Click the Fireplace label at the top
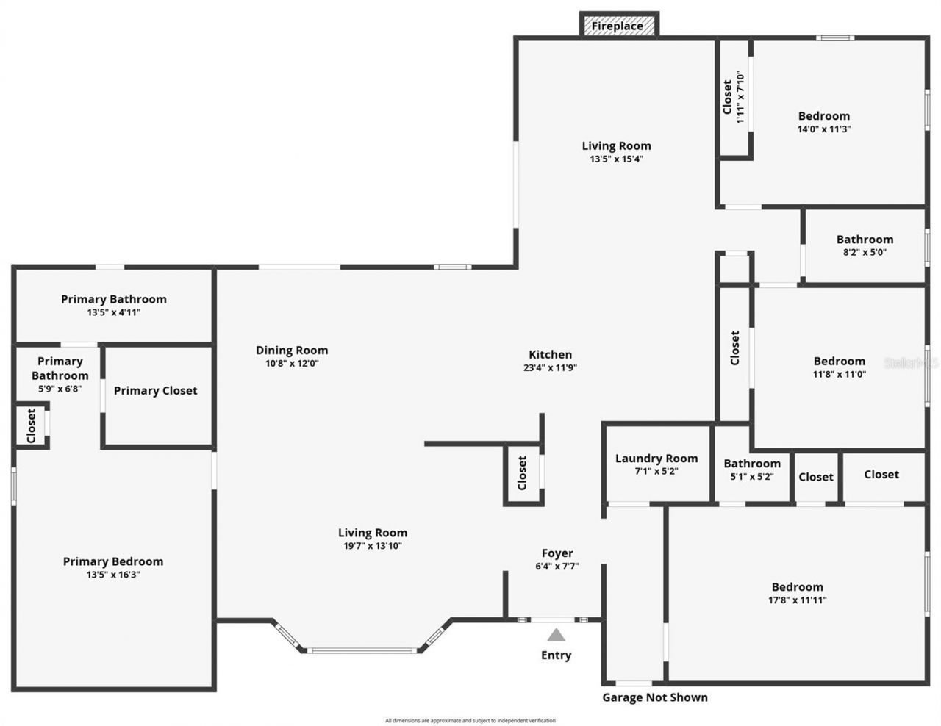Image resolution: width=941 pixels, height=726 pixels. click(618, 26)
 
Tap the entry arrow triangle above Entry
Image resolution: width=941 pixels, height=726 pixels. click(557, 635)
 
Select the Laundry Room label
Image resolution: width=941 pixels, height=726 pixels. click(656, 459)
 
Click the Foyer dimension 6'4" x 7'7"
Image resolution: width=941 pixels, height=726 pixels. click(557, 567)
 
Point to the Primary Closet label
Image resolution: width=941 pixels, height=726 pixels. click(155, 391)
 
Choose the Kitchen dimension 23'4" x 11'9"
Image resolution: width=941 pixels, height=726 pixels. click(550, 368)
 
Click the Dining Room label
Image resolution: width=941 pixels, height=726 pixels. click(292, 351)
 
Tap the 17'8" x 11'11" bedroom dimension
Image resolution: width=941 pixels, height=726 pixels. click(797, 600)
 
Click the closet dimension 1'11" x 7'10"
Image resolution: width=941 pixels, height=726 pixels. click(741, 97)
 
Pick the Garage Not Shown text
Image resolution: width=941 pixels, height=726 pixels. click(655, 697)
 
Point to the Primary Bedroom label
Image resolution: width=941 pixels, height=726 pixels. click(113, 561)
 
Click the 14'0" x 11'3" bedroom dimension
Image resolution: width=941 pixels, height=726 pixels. click(824, 129)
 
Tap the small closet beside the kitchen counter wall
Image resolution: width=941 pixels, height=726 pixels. click(523, 473)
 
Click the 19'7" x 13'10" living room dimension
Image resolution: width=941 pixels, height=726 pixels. click(373, 546)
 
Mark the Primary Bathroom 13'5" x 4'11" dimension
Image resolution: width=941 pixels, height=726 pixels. click(113, 312)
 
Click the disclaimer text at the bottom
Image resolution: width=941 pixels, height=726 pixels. click(470, 721)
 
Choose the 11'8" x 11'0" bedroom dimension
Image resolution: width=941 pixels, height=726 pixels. click(840, 374)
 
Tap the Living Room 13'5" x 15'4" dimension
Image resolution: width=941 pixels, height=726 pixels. click(616, 159)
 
